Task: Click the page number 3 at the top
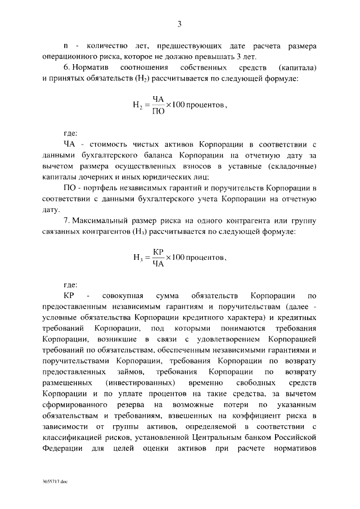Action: click(x=179, y=24)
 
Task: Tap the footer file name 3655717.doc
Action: click(x=53, y=483)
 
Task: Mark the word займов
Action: click(x=146, y=372)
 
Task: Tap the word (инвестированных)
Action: click(x=141, y=383)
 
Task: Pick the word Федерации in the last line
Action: click(x=61, y=448)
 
